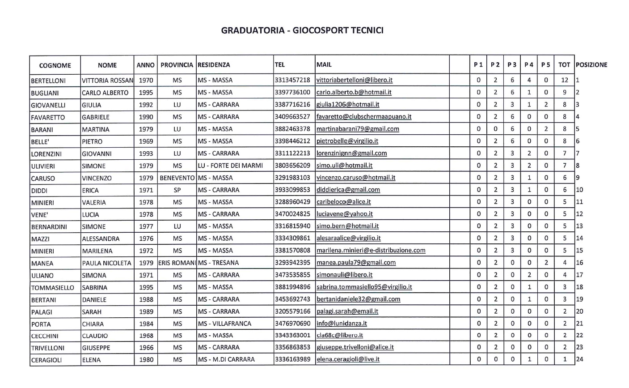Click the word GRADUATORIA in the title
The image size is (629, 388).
point(251,30)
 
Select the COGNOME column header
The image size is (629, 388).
point(55,65)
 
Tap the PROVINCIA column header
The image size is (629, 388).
point(177,65)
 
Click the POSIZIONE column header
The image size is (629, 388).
point(591,65)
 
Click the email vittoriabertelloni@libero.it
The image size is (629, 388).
point(354,81)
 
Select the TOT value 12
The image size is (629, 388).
point(565,81)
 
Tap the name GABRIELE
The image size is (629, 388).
point(96,117)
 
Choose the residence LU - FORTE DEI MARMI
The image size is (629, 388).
point(230,166)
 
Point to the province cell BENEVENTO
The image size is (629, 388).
point(177,178)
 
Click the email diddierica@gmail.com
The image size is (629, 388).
point(348,190)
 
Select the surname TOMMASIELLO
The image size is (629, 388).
point(53,287)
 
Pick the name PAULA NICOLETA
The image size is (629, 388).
point(106,263)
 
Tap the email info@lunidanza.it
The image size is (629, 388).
point(341,323)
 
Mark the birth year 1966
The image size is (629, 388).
point(146,348)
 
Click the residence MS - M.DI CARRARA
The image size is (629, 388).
point(226,359)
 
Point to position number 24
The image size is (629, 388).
point(580,359)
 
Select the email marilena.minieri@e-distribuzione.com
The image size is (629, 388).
point(371,251)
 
